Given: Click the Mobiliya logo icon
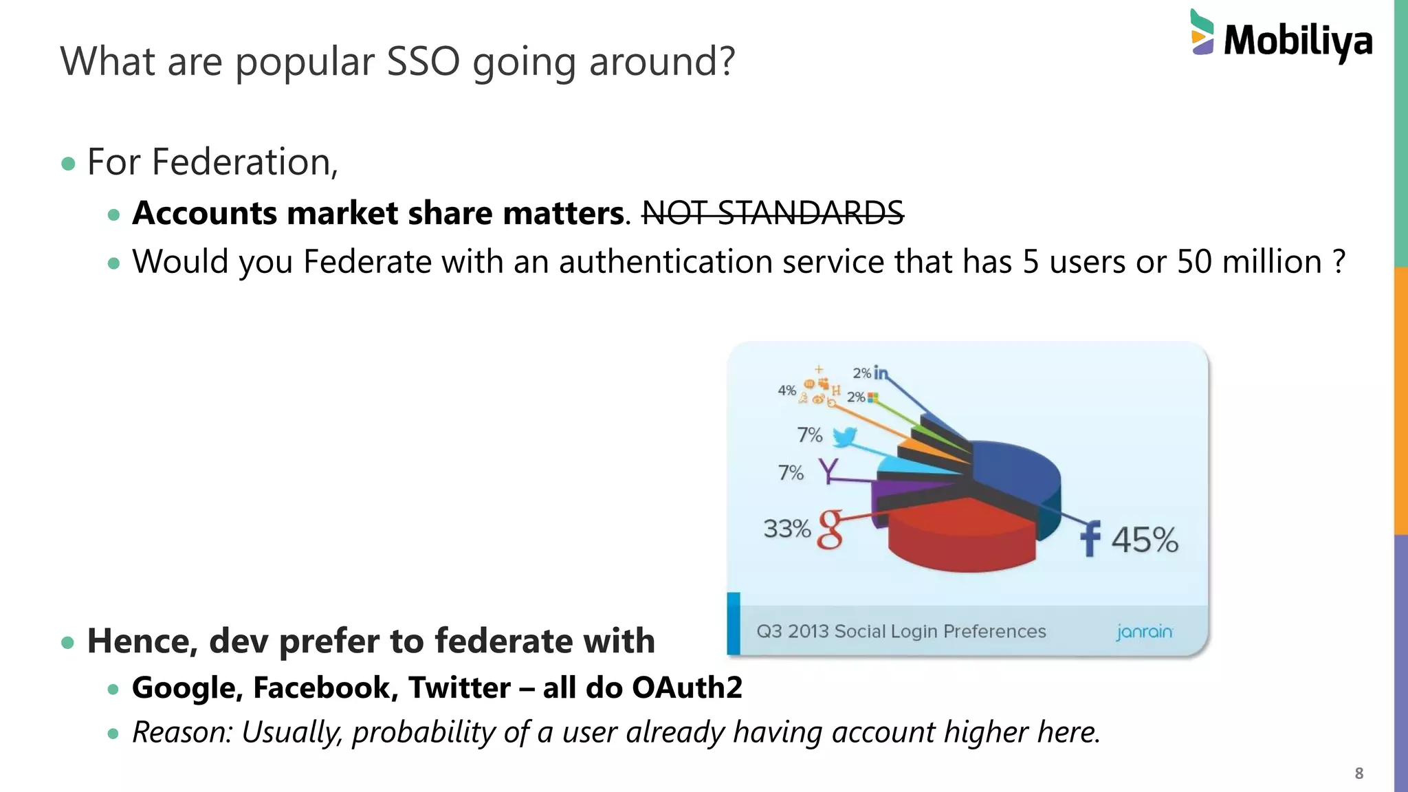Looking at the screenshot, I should pos(1202,32).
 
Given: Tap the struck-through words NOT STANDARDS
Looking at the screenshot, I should pos(772,212).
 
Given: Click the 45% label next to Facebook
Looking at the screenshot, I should pos(1145,540).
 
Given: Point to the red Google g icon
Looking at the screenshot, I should pos(830,529).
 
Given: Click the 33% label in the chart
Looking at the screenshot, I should pos(786,529).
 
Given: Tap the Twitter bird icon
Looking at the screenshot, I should pos(844,437).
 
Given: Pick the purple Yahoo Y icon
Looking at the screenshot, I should pos(828,471).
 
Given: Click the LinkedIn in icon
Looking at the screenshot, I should pos(881,373).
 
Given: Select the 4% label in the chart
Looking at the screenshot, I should pos(786,390).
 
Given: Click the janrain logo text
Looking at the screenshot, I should pos(1144,631).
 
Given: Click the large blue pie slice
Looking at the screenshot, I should pos(1017,474).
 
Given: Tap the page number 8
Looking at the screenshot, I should pos(1358,773).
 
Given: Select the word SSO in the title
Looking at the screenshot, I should pos(423,61).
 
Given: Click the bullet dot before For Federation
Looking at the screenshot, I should pos(67,164).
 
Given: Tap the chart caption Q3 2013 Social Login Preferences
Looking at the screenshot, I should pos(901,631).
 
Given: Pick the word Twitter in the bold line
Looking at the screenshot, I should pos(459,687).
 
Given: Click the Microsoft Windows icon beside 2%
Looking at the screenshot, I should pos(873,397).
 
